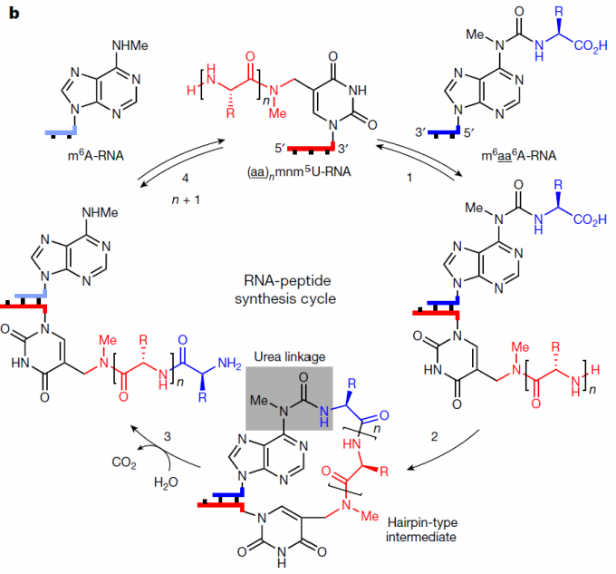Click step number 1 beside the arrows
click(x=409, y=178)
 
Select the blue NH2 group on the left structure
click(x=230, y=364)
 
